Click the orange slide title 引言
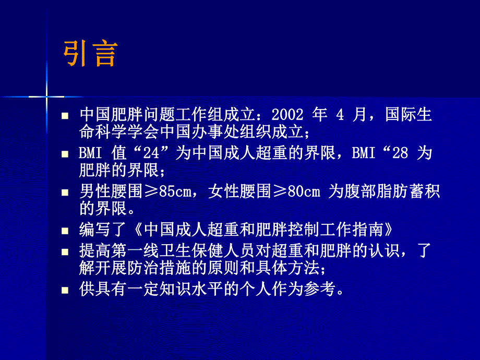pyautogui.click(x=90, y=54)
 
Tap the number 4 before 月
pyautogui.click(x=340, y=115)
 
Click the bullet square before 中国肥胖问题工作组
pyautogui.click(x=65, y=116)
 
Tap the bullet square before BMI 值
pyautogui.click(x=65, y=154)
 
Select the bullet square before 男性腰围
pyautogui.click(x=65, y=193)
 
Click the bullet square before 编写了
pyautogui.click(x=65, y=231)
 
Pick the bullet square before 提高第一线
pyautogui.click(x=65, y=251)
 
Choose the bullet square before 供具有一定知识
pyautogui.click(x=65, y=290)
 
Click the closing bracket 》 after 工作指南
pyautogui.click(x=385, y=230)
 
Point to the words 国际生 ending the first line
pyautogui.click(x=409, y=115)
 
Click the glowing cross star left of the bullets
pyautogui.click(x=46, y=97)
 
